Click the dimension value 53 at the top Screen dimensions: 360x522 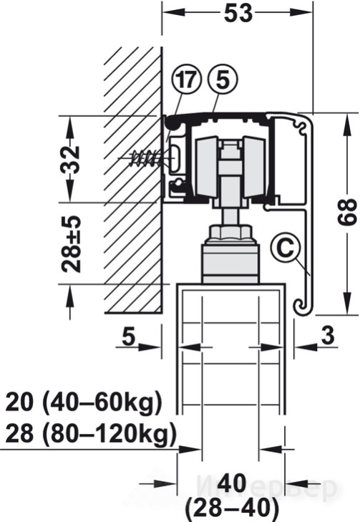[238, 14]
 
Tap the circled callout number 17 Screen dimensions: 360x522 [187, 80]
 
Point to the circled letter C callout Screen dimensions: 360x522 [285, 248]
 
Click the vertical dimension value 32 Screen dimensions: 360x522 [71, 160]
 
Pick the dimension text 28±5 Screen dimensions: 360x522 [71, 244]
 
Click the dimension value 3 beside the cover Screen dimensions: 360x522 [327, 336]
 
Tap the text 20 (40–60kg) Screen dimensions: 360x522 [84, 403]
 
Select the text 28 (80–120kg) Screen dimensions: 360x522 [90, 434]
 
